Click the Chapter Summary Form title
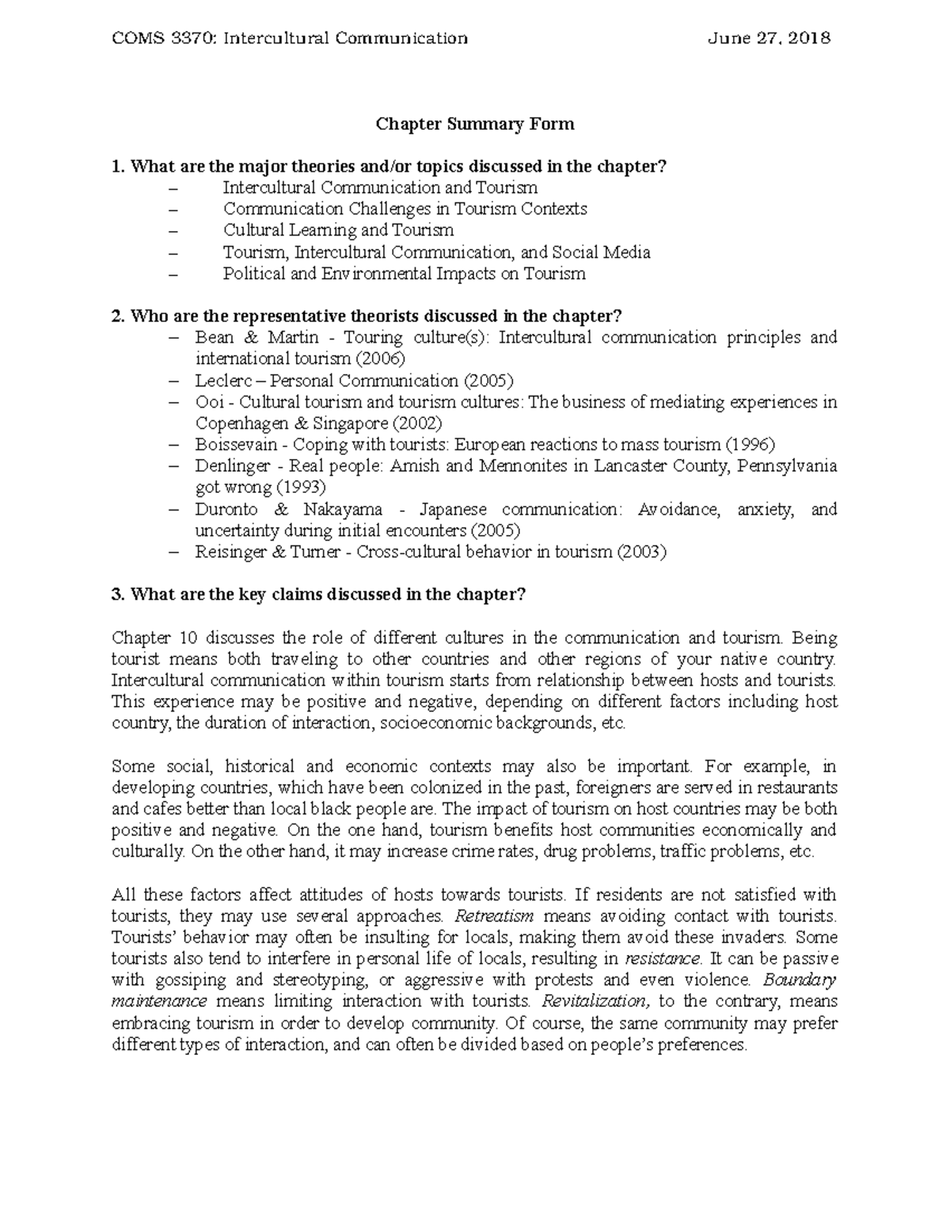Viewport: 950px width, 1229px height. point(474,124)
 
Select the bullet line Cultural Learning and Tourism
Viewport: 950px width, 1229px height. point(338,230)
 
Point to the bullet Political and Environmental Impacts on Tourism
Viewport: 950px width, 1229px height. point(404,274)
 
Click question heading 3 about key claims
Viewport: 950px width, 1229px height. point(318,595)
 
